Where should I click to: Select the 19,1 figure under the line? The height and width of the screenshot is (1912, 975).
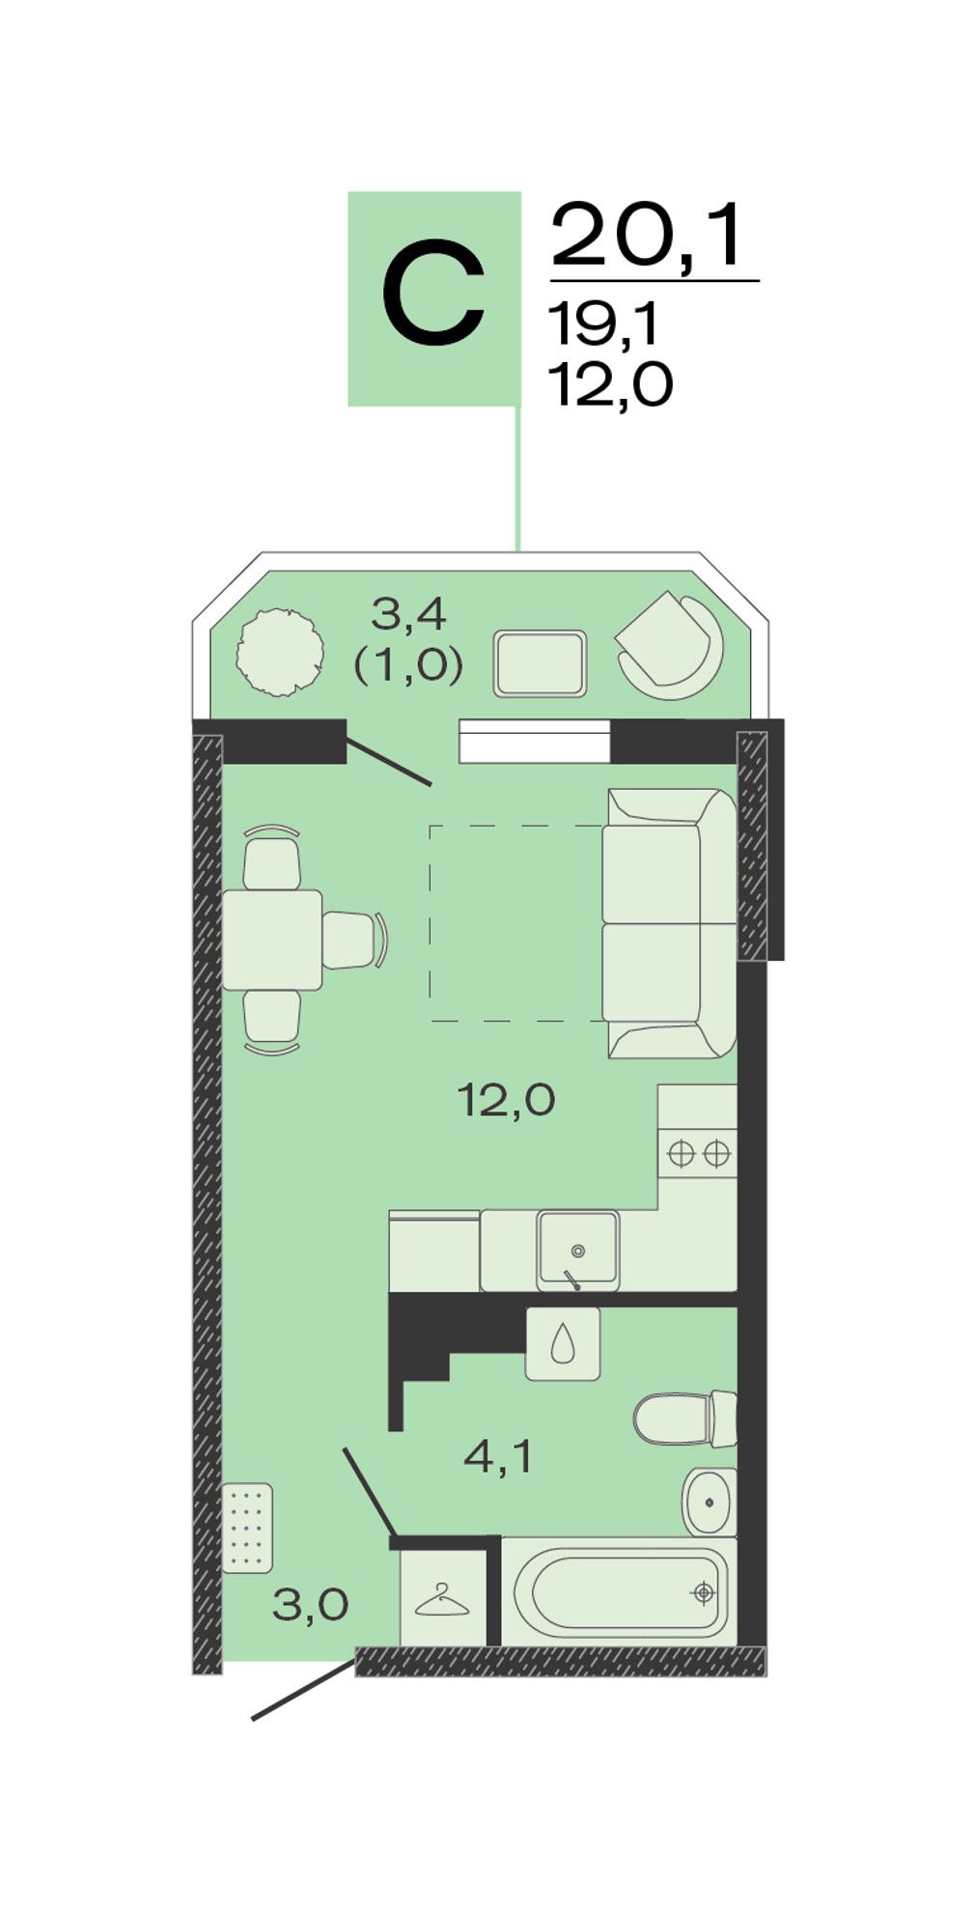pyautogui.click(x=603, y=323)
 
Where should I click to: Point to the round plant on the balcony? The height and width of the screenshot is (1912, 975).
pyautogui.click(x=279, y=652)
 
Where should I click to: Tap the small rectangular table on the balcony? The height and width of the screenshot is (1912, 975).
pyautogui.click(x=540, y=663)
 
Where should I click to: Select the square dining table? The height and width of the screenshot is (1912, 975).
pyautogui.click(x=272, y=940)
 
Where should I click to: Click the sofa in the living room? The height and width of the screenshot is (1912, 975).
pyautogui.click(x=669, y=923)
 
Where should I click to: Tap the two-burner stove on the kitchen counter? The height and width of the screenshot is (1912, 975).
pyautogui.click(x=698, y=1153)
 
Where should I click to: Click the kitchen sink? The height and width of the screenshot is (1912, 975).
pyautogui.click(x=577, y=1250)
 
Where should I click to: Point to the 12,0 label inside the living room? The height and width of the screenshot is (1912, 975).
pyautogui.click(x=506, y=1100)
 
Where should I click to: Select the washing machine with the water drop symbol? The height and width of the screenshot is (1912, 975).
pyautogui.click(x=563, y=1344)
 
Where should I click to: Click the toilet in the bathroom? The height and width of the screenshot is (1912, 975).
pyautogui.click(x=685, y=1419)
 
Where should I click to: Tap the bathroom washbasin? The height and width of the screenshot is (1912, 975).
pyautogui.click(x=710, y=1502)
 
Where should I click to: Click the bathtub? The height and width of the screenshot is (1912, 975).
pyautogui.click(x=619, y=1592)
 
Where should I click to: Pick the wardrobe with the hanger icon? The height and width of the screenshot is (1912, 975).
pyautogui.click(x=443, y=1598)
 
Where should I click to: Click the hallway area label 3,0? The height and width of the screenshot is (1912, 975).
pyautogui.click(x=310, y=1606)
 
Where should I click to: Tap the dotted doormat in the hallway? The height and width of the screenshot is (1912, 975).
pyautogui.click(x=247, y=1528)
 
